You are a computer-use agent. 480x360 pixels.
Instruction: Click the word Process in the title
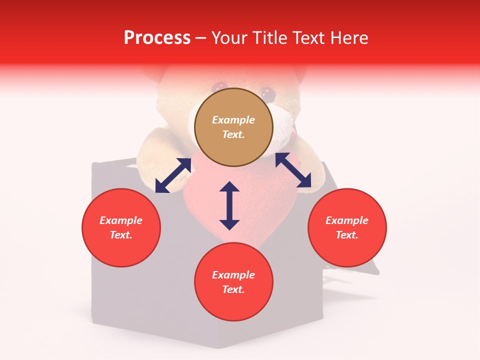point(157,38)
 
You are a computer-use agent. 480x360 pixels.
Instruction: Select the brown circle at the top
point(233,127)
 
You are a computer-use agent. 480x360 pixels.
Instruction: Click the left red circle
point(121,227)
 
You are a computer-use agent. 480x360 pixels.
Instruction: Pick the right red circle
point(347,227)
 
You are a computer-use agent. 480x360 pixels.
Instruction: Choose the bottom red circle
point(233,282)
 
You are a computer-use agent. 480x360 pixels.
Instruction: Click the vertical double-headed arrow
point(229,205)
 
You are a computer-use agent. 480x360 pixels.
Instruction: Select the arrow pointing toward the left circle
point(173,175)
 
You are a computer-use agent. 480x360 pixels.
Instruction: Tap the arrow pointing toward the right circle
point(293,170)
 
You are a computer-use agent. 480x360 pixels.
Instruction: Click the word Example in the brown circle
point(233,120)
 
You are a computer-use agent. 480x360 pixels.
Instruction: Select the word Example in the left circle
point(121,220)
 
